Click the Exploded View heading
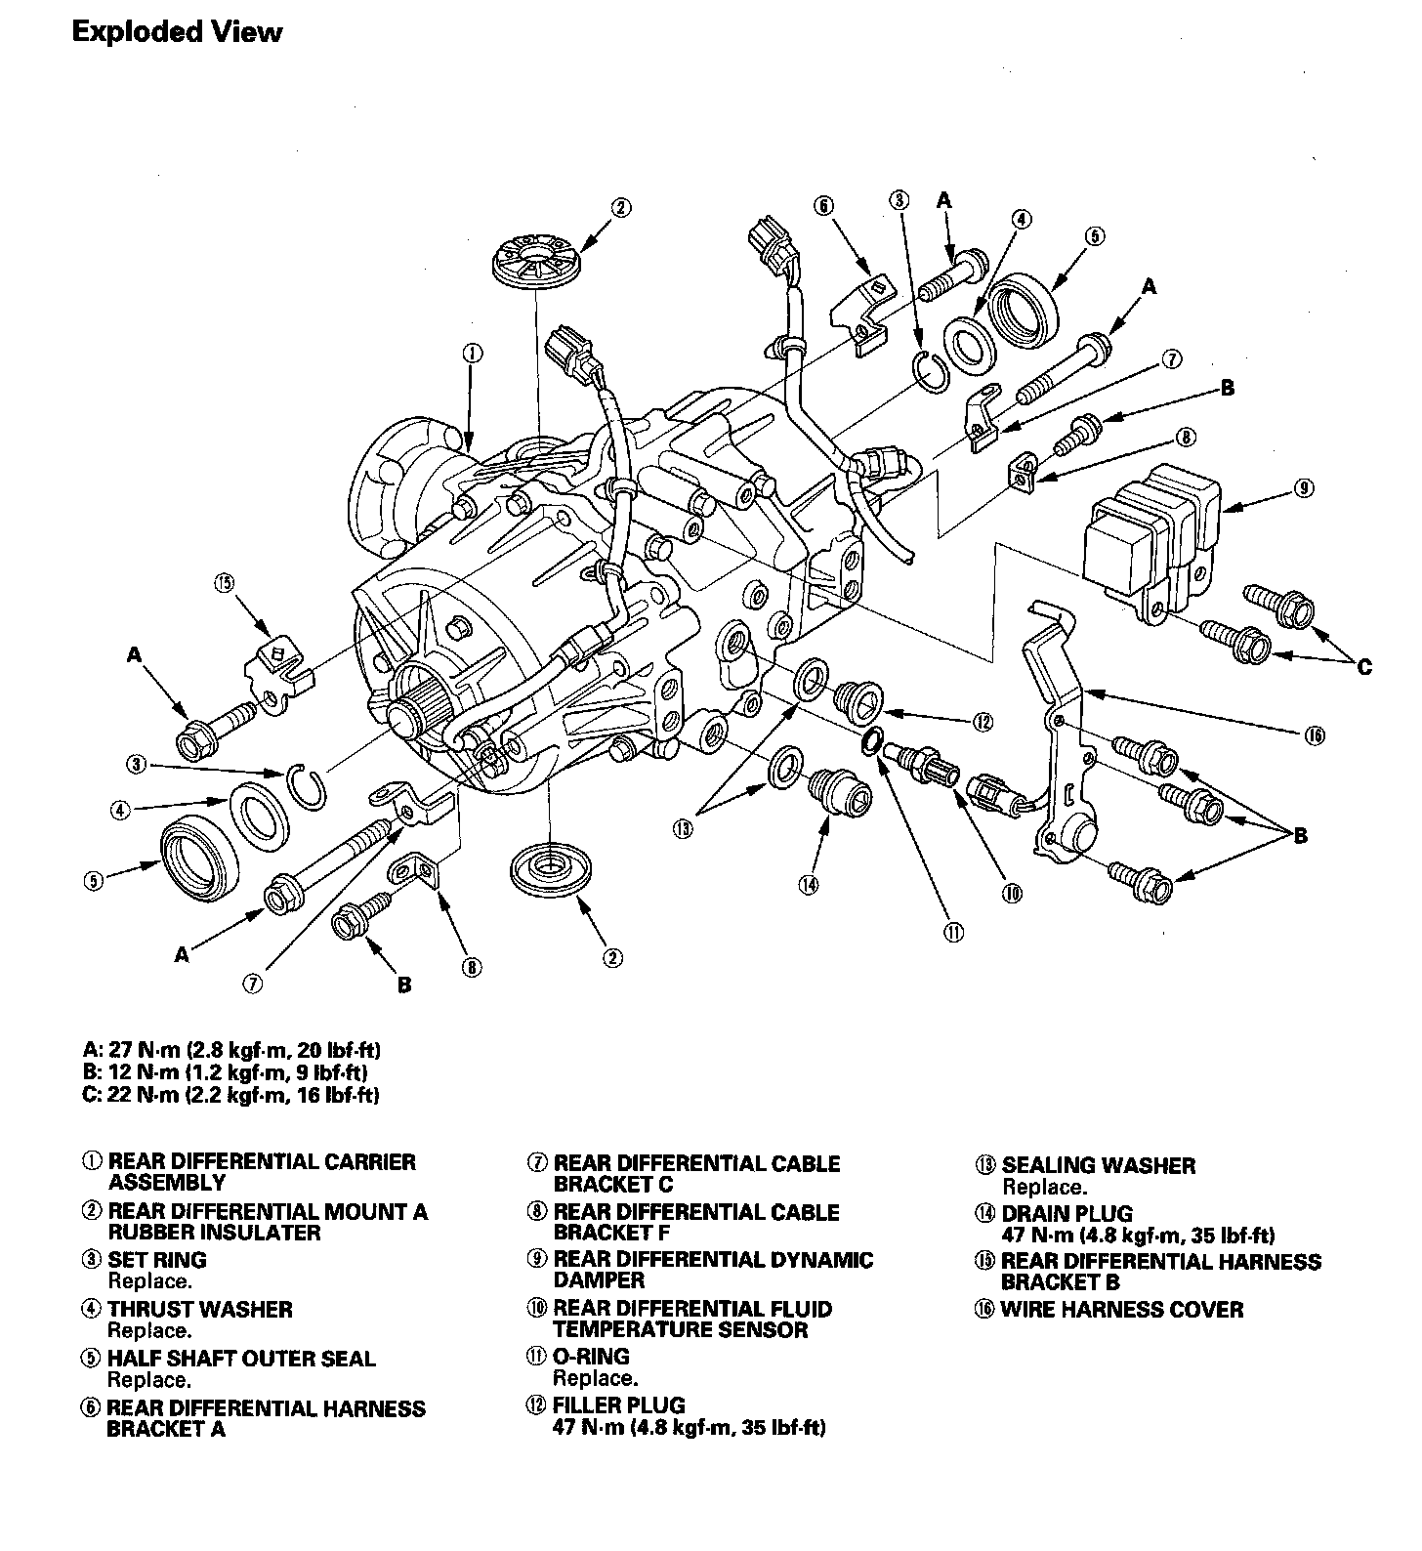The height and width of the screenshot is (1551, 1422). [177, 32]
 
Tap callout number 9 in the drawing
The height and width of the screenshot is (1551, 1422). [1304, 489]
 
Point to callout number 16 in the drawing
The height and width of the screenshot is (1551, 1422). [1314, 735]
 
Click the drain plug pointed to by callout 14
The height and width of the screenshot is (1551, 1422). [833, 788]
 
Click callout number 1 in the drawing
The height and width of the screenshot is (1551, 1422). [472, 353]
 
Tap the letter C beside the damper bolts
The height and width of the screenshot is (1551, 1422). [1363, 667]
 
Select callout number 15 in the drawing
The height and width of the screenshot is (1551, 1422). [225, 583]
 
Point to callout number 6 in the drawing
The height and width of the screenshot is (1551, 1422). [823, 205]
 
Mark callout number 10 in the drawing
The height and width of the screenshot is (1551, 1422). [1012, 893]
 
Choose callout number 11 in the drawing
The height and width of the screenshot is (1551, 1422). [953, 932]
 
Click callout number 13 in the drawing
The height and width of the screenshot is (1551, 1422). [682, 829]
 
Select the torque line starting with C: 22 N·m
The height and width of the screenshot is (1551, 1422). [230, 1095]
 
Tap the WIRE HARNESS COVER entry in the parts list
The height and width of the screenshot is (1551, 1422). [1121, 1310]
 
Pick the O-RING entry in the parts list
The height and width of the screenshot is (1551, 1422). [591, 1357]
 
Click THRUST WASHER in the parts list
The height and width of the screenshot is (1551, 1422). [199, 1310]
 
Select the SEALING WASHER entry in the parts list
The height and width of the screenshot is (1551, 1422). [1098, 1165]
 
